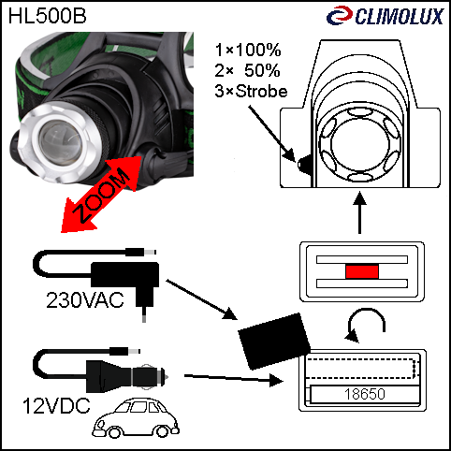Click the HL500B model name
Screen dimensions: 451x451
click(x=47, y=16)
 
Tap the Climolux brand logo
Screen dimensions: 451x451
click(x=385, y=16)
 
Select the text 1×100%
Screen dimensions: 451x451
click(x=248, y=50)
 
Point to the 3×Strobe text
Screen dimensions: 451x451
click(x=251, y=91)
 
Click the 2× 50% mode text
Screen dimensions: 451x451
click(x=247, y=70)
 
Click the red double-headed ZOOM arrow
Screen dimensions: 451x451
click(x=102, y=194)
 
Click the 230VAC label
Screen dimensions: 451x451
click(x=85, y=300)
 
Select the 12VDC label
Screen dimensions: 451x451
click(x=56, y=406)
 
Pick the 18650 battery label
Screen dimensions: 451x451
click(x=365, y=394)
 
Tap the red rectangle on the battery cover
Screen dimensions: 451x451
click(x=362, y=271)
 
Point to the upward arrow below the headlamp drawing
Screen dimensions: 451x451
click(x=359, y=212)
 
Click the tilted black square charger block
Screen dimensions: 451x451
click(x=274, y=342)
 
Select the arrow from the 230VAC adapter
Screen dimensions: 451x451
click(x=202, y=299)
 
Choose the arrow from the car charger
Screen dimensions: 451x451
click(x=234, y=378)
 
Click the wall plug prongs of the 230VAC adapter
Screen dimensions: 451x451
click(x=144, y=314)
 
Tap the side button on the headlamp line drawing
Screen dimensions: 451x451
click(x=304, y=164)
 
